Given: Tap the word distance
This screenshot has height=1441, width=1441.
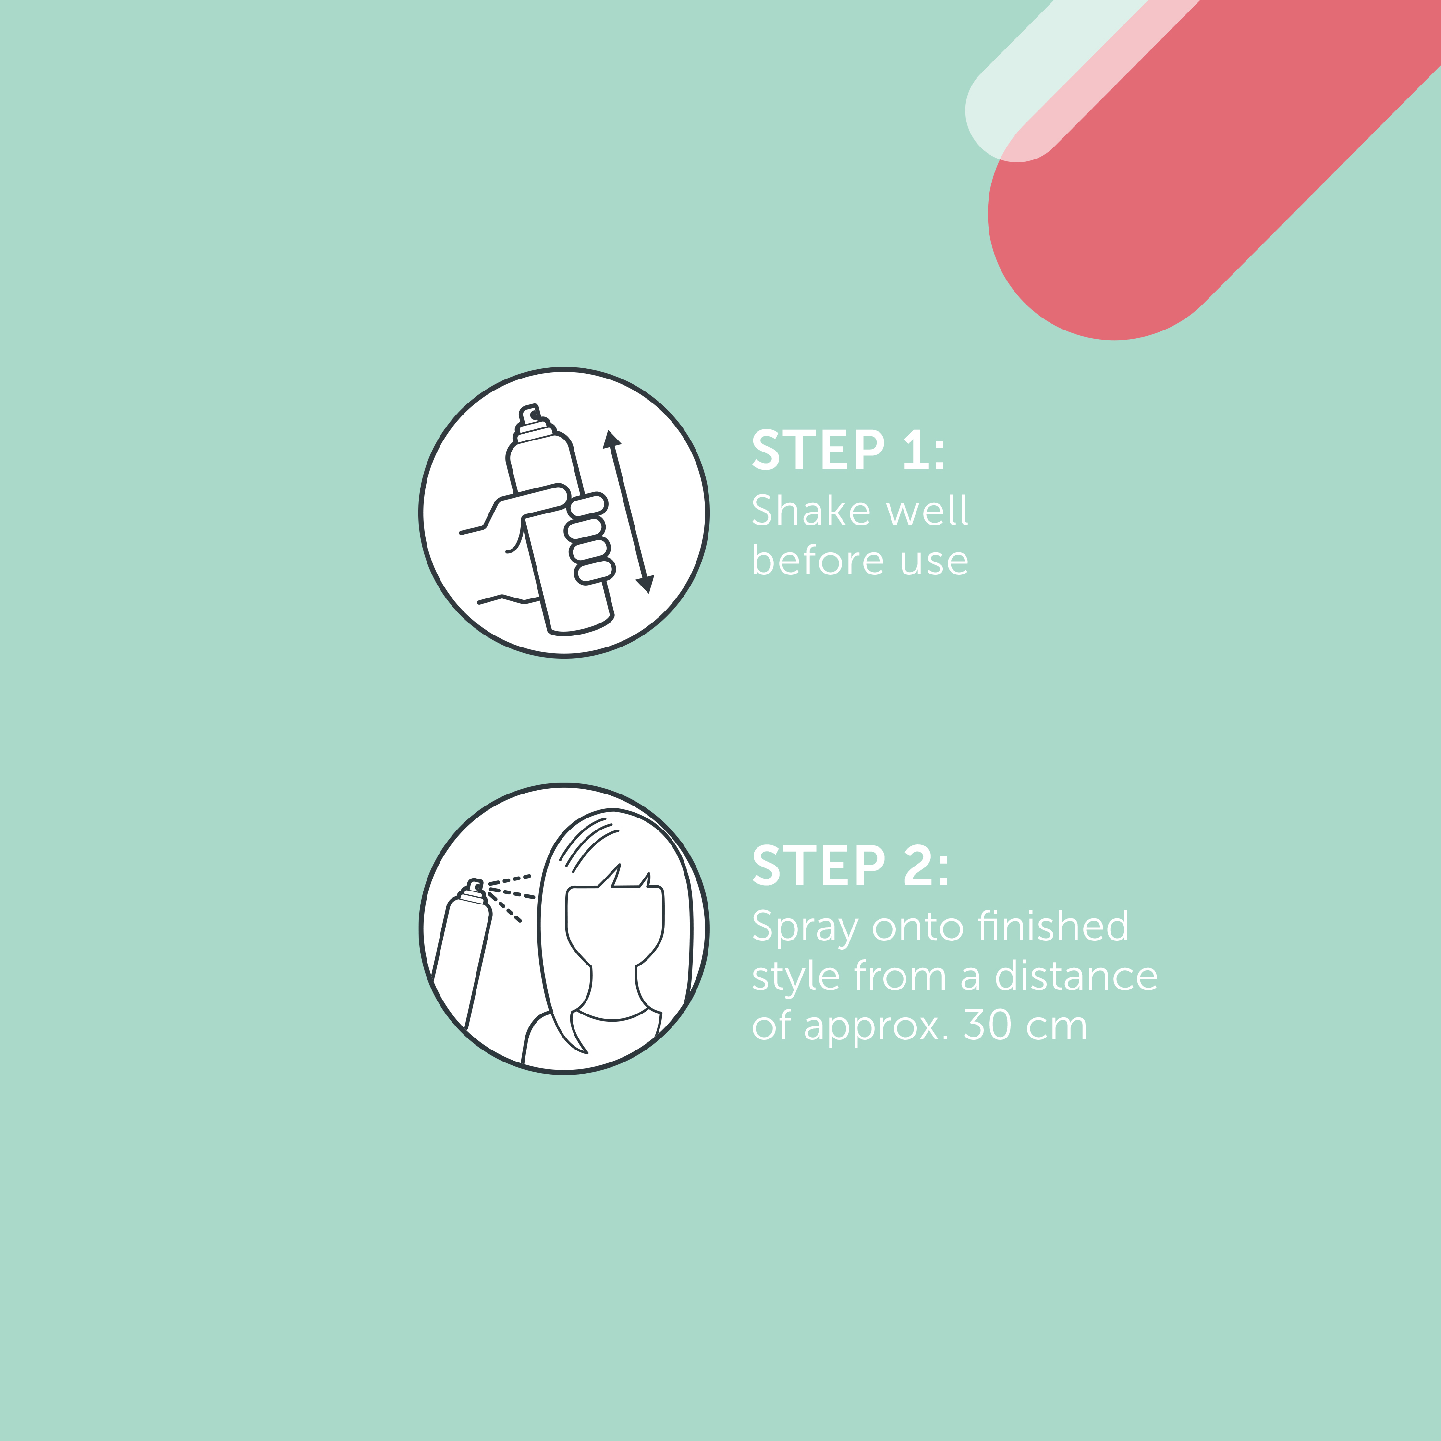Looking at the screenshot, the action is click(x=1076, y=975).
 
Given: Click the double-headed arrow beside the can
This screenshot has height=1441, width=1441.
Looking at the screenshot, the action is click(x=628, y=512).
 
